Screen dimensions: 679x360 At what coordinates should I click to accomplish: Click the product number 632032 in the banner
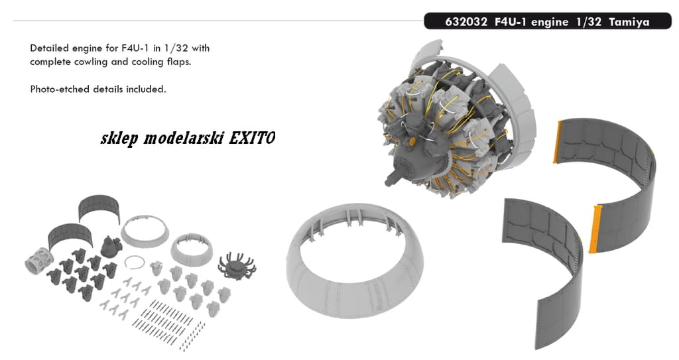coord(466,22)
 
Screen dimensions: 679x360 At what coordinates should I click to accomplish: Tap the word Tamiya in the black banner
coord(629,22)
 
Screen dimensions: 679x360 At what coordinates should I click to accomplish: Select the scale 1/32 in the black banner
coord(589,22)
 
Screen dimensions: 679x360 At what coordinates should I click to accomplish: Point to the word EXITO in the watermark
coord(251,138)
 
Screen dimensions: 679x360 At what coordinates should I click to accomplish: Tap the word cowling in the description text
coord(90,62)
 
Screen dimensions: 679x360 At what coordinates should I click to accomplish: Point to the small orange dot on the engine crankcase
coord(412,141)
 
